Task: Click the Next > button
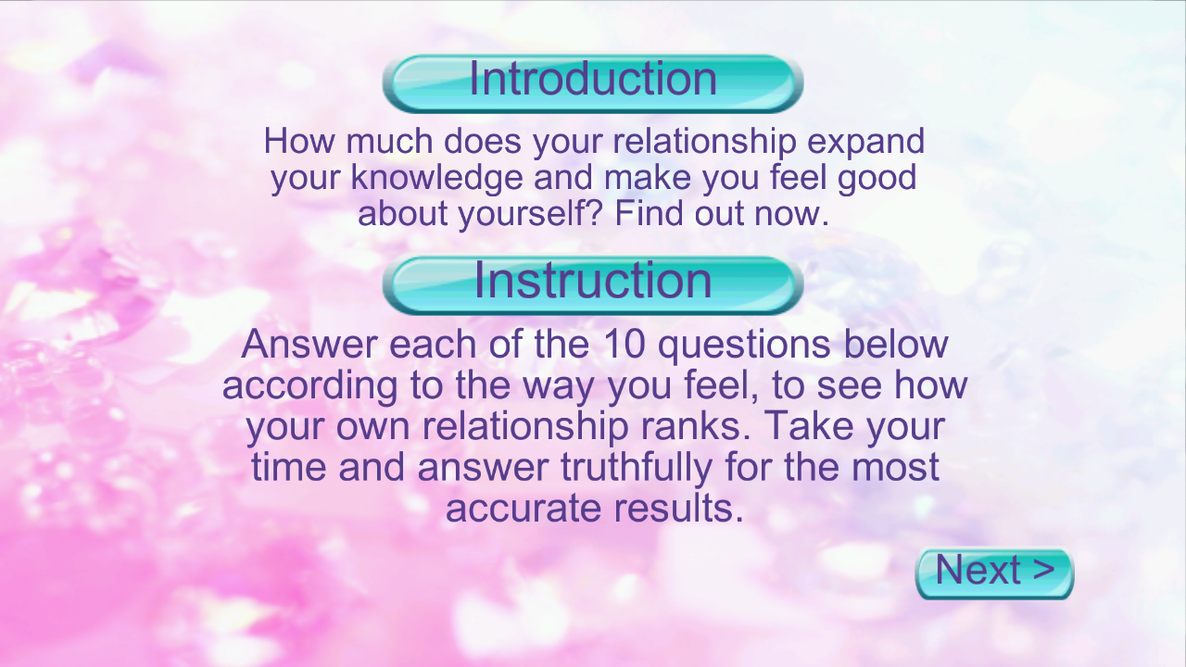point(994,573)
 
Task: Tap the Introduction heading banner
point(593,83)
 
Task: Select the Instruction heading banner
point(593,284)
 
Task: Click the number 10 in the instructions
point(624,345)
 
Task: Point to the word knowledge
point(436,177)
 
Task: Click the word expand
point(865,143)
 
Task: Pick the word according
point(309,387)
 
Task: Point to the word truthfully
point(637,469)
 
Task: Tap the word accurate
point(524,509)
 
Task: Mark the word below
point(895,345)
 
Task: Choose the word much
point(390,142)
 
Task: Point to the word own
point(372,428)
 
